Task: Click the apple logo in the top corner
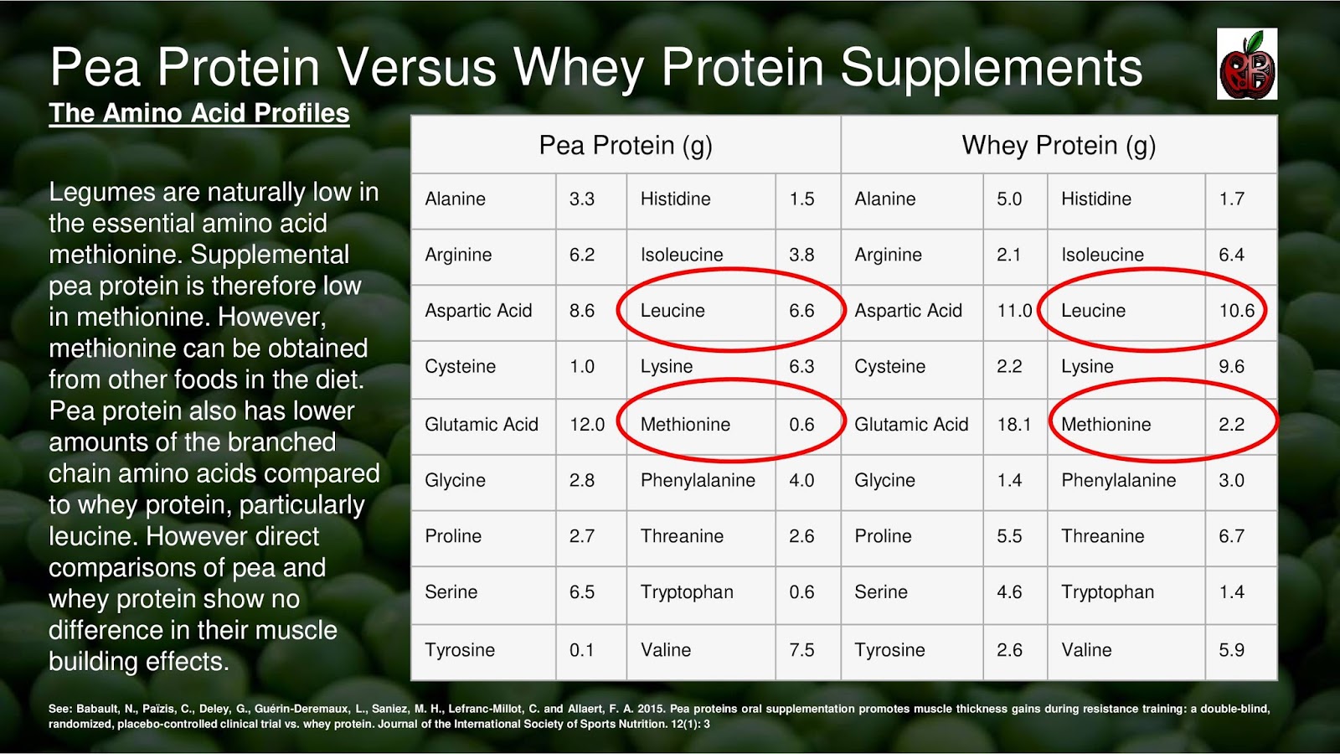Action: coord(1247,65)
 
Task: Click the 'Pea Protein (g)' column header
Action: coord(626,145)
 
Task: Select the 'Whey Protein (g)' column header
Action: coord(1059,145)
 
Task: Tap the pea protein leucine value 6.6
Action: coord(801,311)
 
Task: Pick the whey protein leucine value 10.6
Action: coord(1236,311)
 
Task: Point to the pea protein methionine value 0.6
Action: coord(801,425)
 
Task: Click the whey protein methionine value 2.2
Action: coord(1231,425)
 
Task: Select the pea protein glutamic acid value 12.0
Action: coord(587,425)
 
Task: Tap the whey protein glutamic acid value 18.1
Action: coord(1013,425)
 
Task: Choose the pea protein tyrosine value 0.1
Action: coord(581,650)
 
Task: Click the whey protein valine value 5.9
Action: coord(1231,650)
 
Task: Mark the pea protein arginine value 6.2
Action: coord(581,255)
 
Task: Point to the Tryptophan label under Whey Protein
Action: coord(1107,592)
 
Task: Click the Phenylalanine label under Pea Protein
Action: coord(698,481)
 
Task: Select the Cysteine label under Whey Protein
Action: coord(889,367)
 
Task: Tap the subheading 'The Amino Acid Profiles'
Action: coord(199,114)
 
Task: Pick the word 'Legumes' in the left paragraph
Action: coord(102,193)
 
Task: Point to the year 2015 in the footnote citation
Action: coord(651,709)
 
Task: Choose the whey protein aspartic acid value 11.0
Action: coord(1013,311)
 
